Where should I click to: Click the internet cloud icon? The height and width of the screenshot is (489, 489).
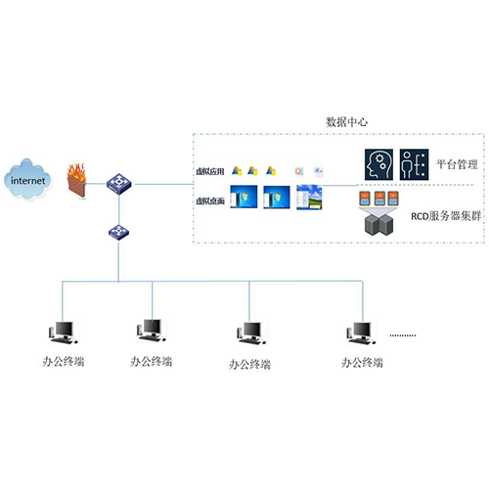[27, 179]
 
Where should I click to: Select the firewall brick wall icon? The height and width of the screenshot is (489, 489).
[76, 181]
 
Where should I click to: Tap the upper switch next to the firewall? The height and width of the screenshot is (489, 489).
[119, 184]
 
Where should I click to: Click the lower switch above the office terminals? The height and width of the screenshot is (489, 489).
[118, 232]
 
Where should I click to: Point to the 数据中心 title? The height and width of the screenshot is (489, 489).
[347, 122]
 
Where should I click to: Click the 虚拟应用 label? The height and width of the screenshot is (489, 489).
[210, 171]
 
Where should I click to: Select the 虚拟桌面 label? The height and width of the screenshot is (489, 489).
[210, 200]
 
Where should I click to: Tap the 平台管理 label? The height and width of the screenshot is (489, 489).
[457, 164]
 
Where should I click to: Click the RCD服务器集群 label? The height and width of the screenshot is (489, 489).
[446, 216]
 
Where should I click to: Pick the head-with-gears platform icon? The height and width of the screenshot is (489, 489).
[378, 164]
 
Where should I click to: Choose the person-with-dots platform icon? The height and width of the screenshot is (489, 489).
[414, 164]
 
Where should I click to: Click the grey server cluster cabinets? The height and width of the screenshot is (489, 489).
[378, 224]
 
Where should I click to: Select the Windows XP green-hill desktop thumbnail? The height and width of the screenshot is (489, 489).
[309, 197]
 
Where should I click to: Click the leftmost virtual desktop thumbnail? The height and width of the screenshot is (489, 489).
[244, 197]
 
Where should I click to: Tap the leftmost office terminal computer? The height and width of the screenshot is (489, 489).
[63, 333]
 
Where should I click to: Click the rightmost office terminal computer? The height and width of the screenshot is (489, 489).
[361, 333]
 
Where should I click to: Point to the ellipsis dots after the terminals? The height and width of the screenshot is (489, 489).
[403, 335]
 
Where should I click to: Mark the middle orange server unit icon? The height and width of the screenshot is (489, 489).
[379, 199]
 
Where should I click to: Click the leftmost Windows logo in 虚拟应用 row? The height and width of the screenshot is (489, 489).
[237, 171]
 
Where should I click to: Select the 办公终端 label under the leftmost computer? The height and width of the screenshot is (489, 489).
[64, 361]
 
